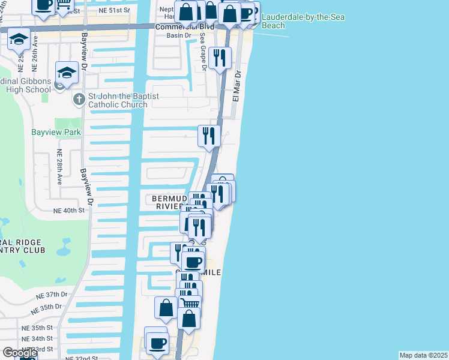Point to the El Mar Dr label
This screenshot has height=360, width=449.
237,86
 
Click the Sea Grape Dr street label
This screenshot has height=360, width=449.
203,60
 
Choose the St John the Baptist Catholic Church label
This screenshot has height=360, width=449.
118,100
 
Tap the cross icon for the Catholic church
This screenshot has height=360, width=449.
78,99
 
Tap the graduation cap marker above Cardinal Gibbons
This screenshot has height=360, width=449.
67,72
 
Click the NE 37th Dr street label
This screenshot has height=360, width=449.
50,295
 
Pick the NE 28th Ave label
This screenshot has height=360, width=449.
59,166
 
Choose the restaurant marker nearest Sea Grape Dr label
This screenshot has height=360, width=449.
221,58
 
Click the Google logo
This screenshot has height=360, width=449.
19,353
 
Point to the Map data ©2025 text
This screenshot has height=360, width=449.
423,355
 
